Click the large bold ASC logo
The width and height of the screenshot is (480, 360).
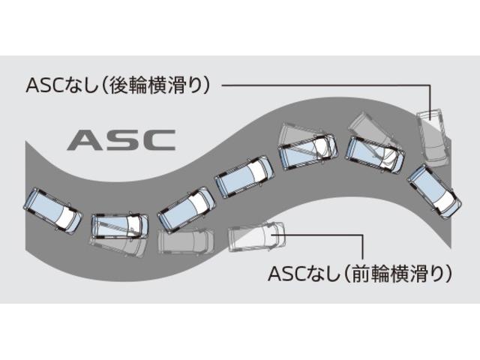point(121,139)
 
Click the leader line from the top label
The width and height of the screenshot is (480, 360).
point(322,85)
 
